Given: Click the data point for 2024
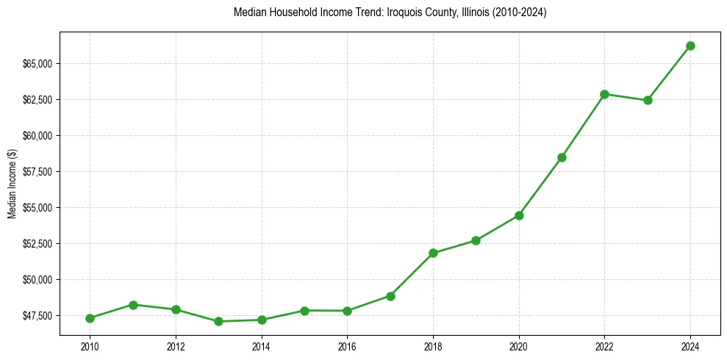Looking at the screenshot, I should (690, 46).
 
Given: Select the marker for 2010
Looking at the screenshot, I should (90, 318).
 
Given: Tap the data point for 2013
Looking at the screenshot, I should (218, 321).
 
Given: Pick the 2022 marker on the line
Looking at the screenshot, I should (604, 94).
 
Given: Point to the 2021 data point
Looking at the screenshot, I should (562, 157).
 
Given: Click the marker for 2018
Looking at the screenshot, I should (433, 253).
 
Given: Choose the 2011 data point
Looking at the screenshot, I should (133, 304).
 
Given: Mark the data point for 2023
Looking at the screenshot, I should (648, 100).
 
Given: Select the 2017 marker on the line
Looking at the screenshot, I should (390, 296).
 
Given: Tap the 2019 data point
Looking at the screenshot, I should (476, 240).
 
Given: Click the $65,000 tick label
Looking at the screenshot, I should (37, 64).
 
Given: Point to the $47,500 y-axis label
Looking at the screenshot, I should (37, 316).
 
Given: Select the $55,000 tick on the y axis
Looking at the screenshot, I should (37, 208).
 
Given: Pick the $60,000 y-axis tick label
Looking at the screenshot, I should (37, 136).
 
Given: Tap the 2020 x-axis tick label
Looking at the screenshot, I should (519, 347).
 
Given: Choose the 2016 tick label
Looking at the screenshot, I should (347, 347).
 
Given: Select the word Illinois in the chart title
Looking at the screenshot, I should (466, 12).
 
